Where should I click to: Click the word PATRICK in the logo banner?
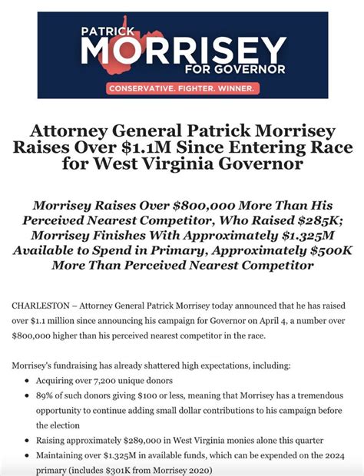(x=107, y=32)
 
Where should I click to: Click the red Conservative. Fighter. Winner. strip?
(x=182, y=88)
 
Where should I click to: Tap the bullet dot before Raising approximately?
(x=28, y=441)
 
